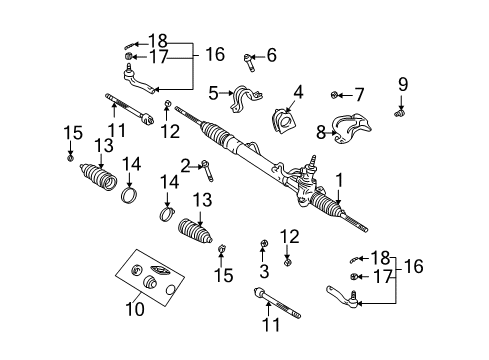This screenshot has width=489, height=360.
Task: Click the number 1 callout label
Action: click(x=341, y=180)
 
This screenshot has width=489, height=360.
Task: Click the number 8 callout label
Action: click(x=322, y=131)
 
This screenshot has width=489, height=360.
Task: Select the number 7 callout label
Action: click(x=358, y=95)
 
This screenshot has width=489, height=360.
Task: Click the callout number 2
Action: click(x=185, y=163)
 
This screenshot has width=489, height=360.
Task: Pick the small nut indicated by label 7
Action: click(x=333, y=95)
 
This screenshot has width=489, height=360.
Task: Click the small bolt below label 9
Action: click(x=401, y=114)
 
